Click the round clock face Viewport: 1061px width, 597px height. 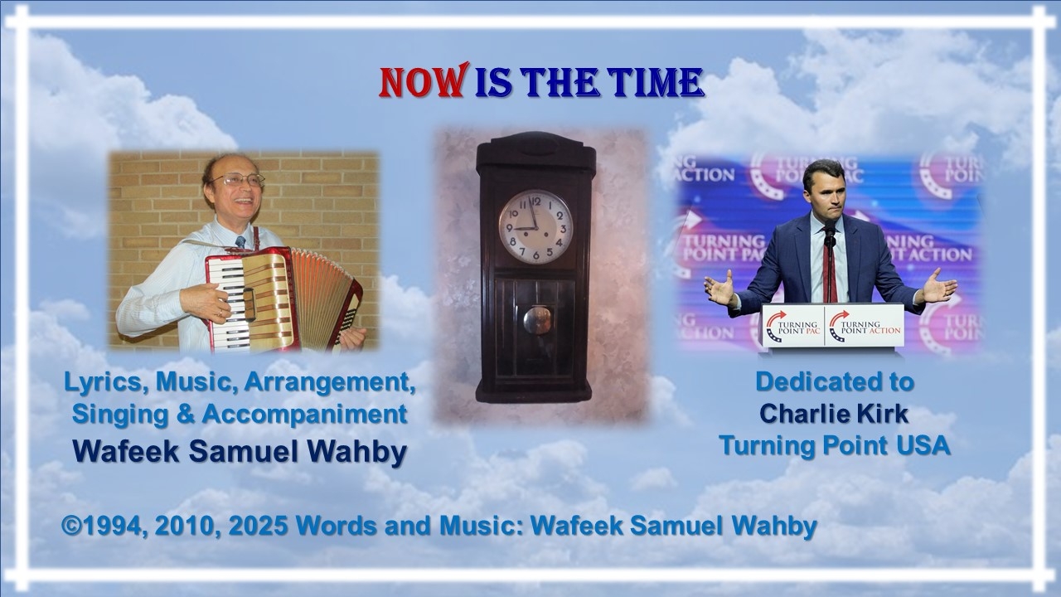tap(535, 227)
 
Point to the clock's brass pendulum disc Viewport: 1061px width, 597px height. tap(538, 320)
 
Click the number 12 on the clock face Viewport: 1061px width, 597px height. tap(536, 201)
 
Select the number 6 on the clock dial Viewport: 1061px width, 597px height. tap(535, 255)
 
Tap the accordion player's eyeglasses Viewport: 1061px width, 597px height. tap(238, 180)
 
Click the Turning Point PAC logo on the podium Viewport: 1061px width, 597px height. tap(793, 327)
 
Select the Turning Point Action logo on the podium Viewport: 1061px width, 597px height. tap(865, 327)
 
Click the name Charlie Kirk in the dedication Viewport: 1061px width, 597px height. tap(834, 414)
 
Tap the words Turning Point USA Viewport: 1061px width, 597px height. tap(835, 445)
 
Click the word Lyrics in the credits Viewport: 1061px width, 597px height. tap(103, 382)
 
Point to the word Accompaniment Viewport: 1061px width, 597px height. tap(304, 415)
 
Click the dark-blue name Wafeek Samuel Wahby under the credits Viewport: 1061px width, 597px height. tap(240, 452)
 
